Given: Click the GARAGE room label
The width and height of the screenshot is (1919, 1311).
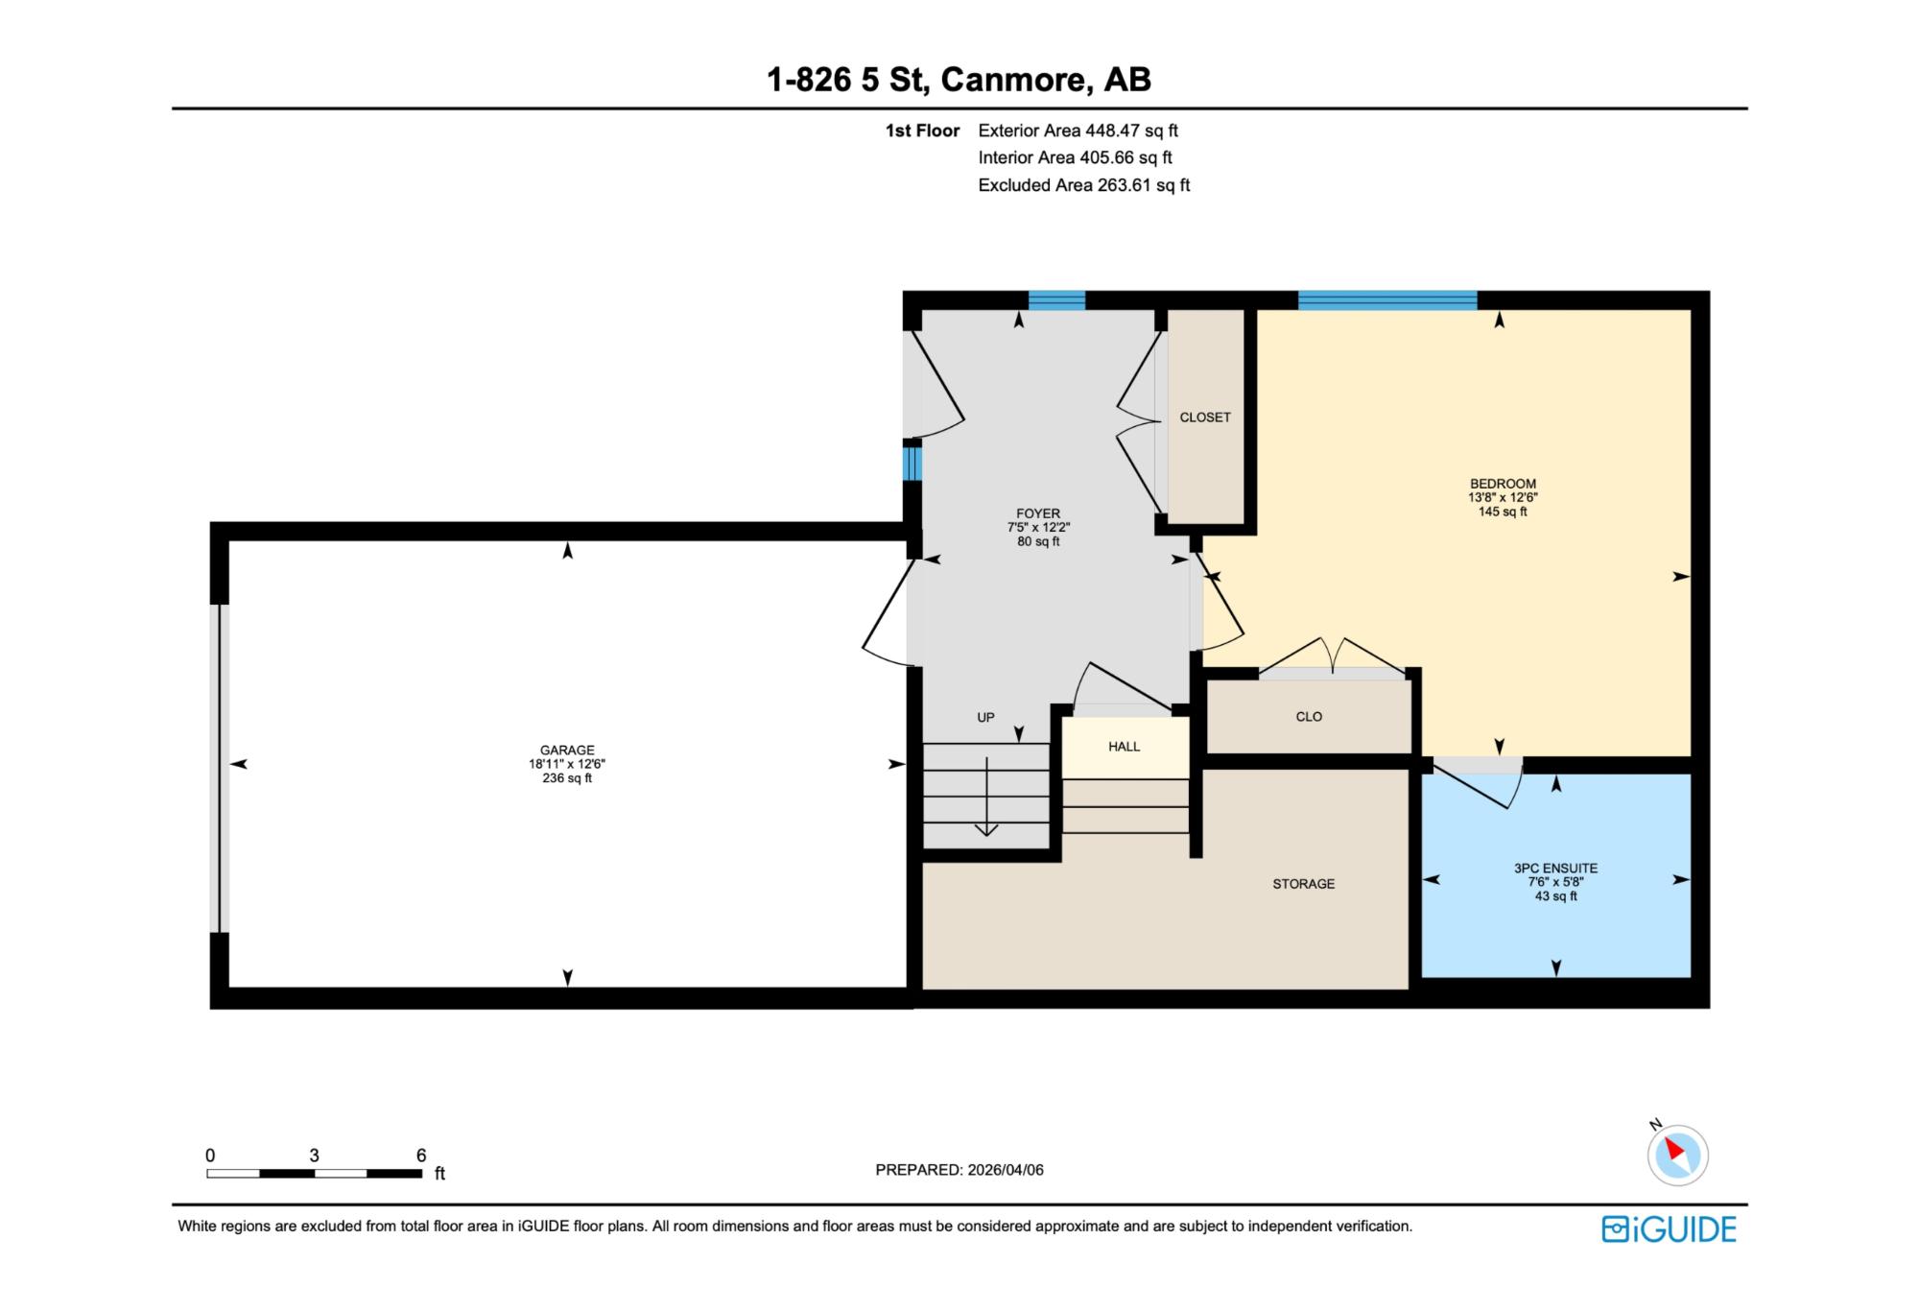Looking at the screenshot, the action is point(567,751).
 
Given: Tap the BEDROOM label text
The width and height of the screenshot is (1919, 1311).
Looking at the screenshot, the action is point(1503,484).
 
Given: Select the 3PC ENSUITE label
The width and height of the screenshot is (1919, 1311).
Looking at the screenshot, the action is point(1555,869).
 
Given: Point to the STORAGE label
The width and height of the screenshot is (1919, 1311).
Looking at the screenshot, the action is point(1303,884).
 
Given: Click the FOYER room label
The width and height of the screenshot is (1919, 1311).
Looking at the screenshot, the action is point(1038,513).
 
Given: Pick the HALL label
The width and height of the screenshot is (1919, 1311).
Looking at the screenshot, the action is point(1124,747).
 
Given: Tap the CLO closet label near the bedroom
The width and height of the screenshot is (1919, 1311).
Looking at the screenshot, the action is point(1309,717).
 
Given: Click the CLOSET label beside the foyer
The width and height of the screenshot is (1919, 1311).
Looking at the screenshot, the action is point(1205,417).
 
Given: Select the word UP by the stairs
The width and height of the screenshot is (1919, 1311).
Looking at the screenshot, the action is point(985,718).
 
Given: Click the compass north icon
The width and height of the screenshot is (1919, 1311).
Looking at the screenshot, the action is point(1677,1154).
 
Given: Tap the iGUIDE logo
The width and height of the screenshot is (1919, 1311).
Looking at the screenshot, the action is point(1669,1229).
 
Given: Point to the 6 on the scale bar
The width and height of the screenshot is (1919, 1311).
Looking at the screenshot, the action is point(420,1156).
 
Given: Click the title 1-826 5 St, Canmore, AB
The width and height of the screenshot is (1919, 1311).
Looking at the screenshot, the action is point(959,80).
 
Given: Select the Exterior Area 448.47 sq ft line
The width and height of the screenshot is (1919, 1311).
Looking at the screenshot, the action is point(1078,131).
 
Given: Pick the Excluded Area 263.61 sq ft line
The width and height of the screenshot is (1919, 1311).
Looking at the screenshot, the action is point(1083,185).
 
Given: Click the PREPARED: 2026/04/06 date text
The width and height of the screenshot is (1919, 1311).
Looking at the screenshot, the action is point(959,1170).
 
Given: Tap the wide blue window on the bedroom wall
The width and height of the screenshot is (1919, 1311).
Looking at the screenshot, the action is point(1387,299).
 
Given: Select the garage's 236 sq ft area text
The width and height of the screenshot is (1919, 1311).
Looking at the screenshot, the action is point(567,778).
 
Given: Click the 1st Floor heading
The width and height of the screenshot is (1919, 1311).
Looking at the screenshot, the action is point(922,131).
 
